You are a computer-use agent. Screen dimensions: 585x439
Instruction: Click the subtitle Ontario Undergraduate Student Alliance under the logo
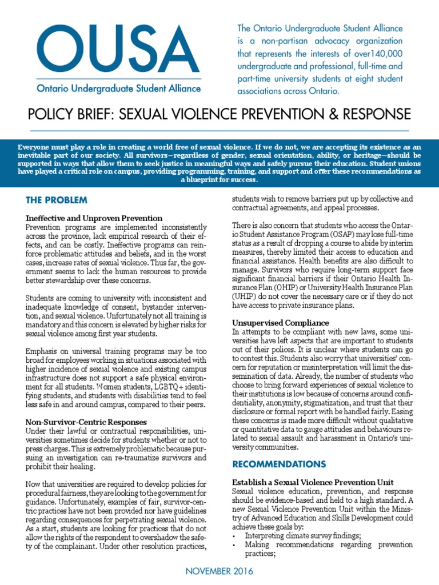pos(119,89)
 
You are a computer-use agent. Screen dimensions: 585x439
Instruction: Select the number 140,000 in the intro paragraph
pos(386,53)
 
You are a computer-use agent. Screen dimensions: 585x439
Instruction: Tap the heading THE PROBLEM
pos(57,200)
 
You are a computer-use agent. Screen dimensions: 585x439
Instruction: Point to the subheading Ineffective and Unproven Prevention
pos(94,218)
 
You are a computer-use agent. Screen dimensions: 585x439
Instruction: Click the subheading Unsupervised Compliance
pos(280,323)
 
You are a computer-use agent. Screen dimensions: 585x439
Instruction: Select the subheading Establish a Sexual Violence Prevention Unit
pos(313,483)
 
